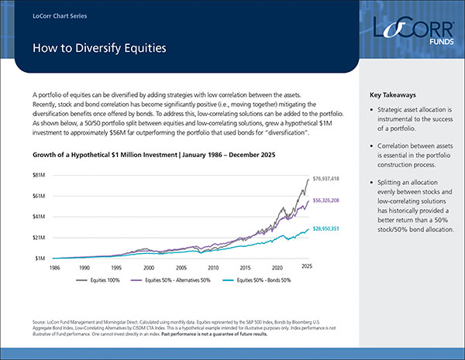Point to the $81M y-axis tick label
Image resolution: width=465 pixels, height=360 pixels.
[37, 176]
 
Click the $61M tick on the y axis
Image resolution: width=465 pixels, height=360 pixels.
[37, 196]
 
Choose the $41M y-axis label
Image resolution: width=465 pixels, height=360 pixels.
[37, 217]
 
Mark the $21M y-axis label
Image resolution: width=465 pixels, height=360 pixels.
[37, 237]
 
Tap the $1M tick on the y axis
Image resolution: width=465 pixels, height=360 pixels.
[39, 257]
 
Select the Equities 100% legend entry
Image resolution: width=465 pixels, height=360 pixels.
[100, 279]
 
